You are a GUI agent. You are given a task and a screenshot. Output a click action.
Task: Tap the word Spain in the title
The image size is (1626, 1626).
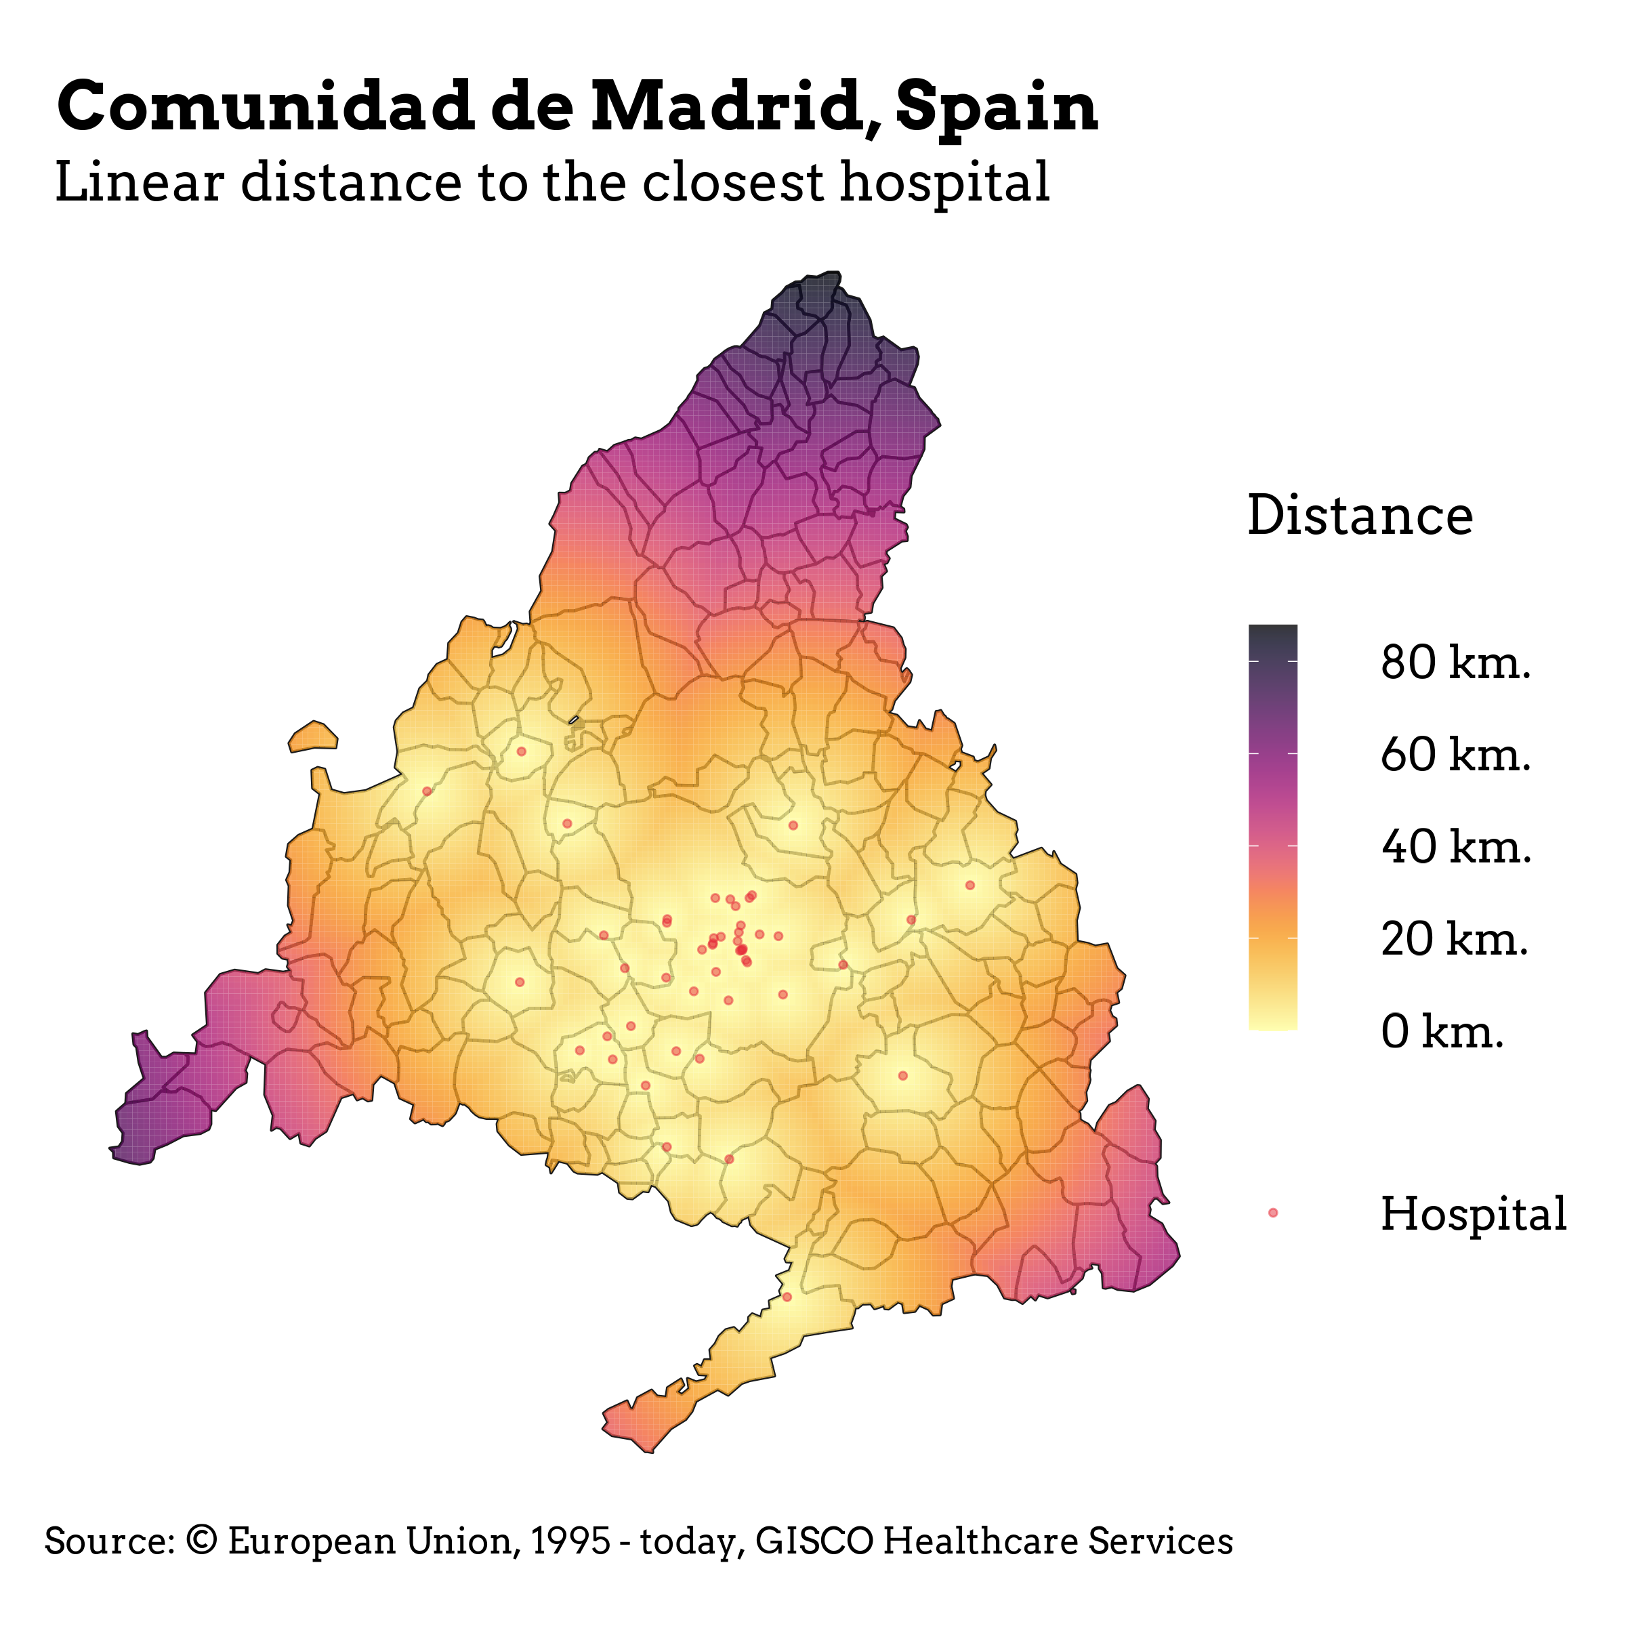click(997, 107)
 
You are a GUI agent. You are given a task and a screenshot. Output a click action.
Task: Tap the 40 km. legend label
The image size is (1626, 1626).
click(1455, 847)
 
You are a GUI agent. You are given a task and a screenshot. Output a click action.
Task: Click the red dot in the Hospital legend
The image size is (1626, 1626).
click(1272, 1213)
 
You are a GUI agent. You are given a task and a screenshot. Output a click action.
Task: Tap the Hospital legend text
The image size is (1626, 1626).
click(1473, 1213)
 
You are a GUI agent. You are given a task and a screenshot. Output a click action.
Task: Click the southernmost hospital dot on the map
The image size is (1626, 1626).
click(787, 1297)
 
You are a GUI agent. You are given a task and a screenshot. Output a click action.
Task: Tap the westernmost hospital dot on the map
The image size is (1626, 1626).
click(427, 791)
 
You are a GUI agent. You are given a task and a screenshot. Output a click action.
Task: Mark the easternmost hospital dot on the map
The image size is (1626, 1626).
click(970, 885)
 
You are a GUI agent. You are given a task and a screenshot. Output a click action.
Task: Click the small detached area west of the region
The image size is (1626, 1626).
click(313, 736)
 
